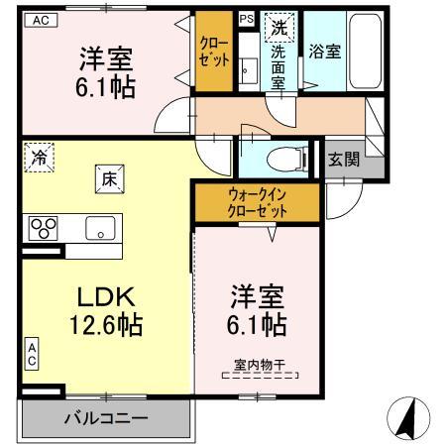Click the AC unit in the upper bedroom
42,20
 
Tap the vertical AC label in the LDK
32,354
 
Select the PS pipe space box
247,19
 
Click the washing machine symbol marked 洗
279,28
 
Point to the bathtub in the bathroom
365,51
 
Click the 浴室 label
325,52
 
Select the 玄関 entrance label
344,160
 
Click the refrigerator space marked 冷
40,158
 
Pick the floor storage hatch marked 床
110,179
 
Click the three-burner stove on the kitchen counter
44,228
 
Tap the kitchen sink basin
100,228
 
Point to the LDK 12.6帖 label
106,310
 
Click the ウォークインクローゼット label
258,202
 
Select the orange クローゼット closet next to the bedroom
214,52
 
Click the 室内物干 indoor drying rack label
260,365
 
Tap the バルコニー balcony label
106,419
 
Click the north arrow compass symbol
408,418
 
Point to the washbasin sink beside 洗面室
249,70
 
